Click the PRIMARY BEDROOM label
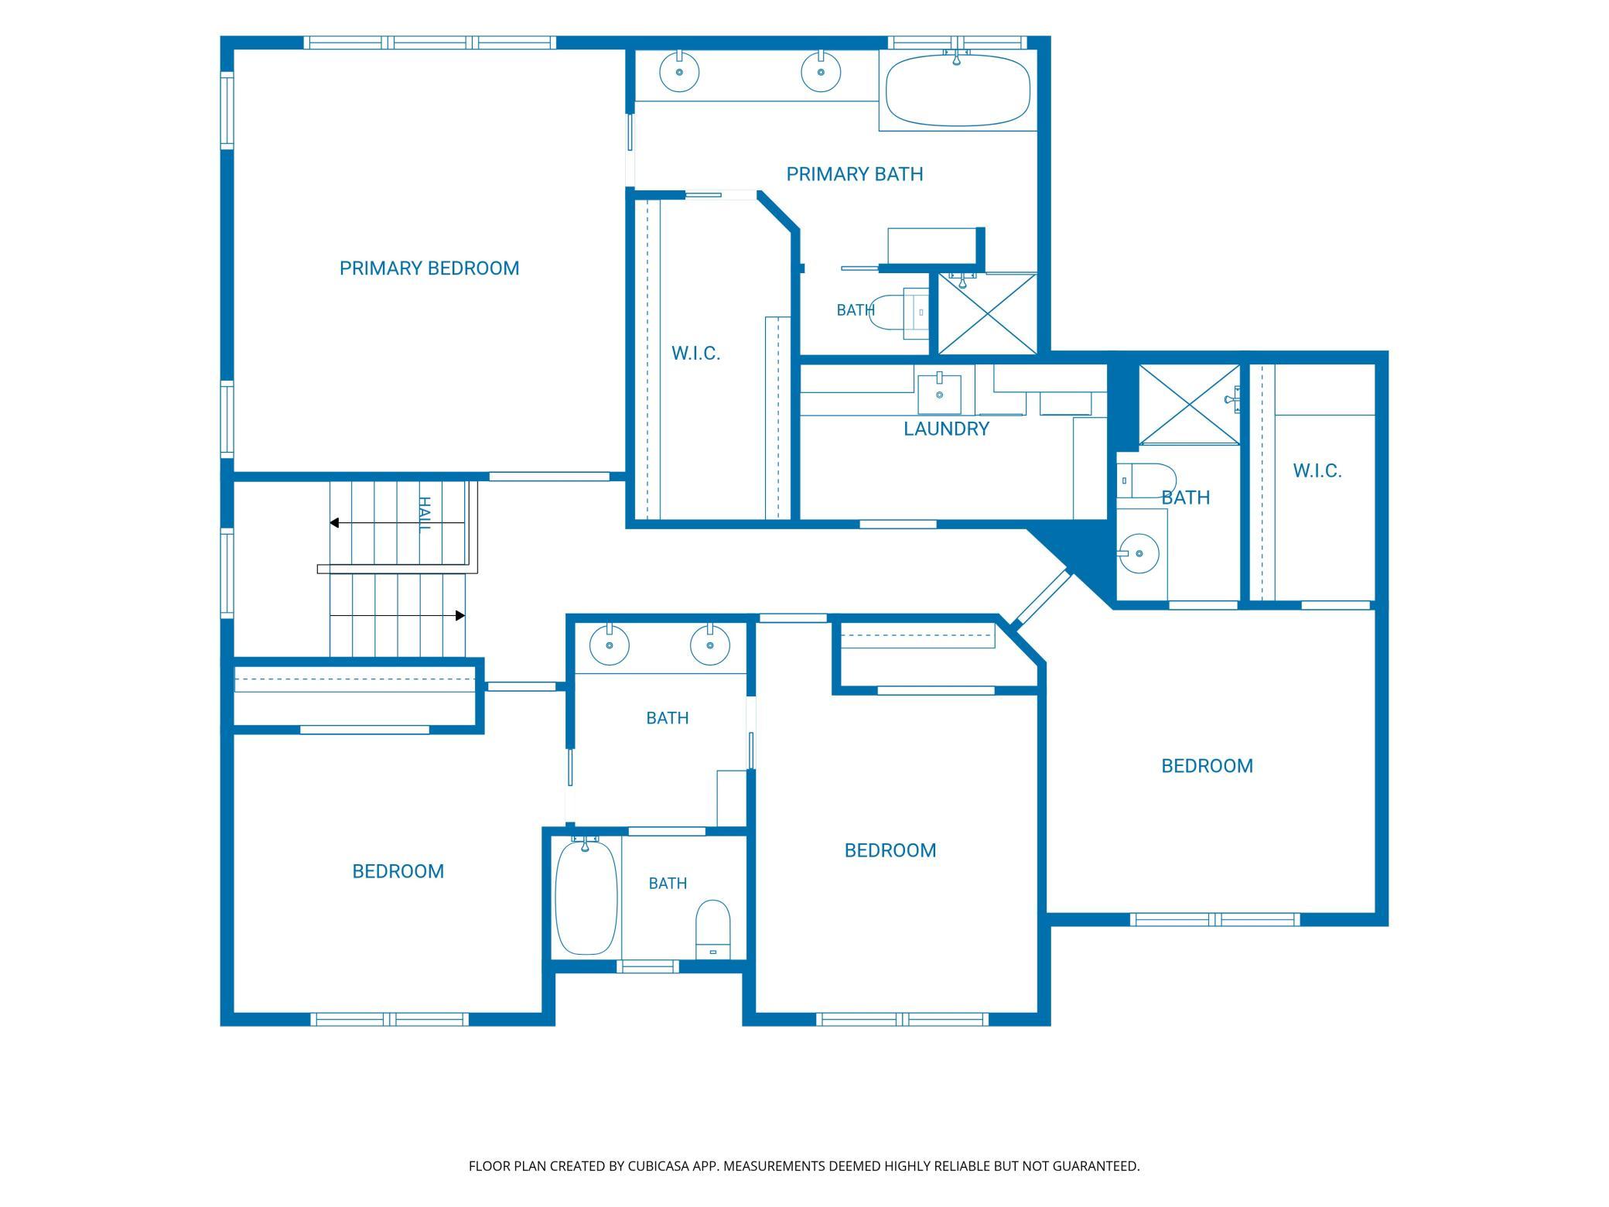tap(429, 268)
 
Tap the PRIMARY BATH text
tap(855, 174)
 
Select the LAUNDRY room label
tap(946, 429)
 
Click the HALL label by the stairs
tap(424, 515)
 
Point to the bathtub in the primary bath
tap(958, 89)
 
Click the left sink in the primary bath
tap(679, 72)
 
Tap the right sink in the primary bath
tap(820, 72)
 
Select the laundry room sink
tap(939, 394)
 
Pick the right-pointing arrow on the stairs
tap(398, 616)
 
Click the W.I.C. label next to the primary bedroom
tap(695, 354)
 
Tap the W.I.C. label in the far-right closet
tap(1317, 471)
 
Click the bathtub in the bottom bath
tap(586, 898)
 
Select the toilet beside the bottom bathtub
tap(712, 928)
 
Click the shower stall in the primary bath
tap(987, 313)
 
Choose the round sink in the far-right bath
tap(1139, 554)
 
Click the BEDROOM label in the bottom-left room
tap(398, 872)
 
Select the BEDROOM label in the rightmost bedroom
tap(1207, 766)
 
